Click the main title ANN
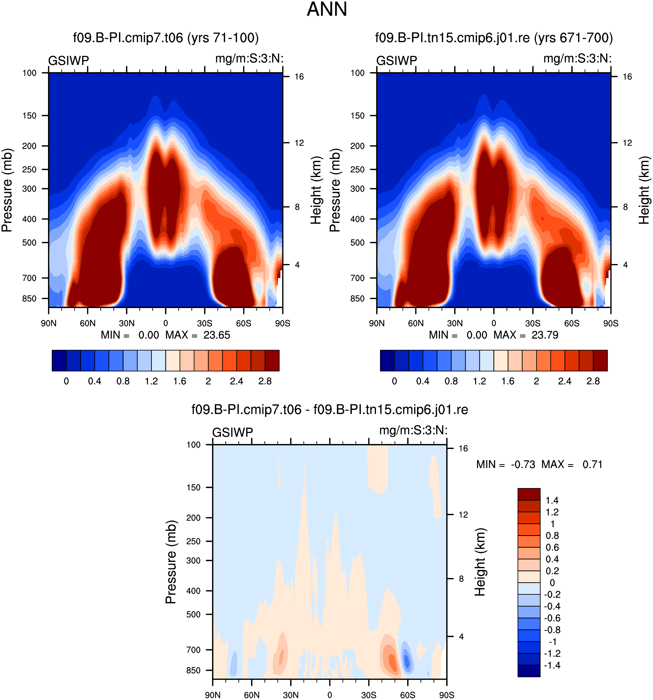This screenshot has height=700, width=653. pyautogui.click(x=327, y=10)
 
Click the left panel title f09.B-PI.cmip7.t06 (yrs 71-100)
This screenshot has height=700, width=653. pyautogui.click(x=166, y=37)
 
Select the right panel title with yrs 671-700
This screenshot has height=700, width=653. pyautogui.click(x=494, y=37)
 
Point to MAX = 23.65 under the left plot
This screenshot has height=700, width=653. pyautogui.click(x=198, y=335)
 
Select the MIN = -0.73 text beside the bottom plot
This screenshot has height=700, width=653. pyautogui.click(x=506, y=465)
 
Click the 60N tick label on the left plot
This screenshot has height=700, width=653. pyautogui.click(x=87, y=323)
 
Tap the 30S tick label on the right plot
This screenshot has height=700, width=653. pyautogui.click(x=533, y=323)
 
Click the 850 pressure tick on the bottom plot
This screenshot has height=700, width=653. pyautogui.click(x=193, y=670)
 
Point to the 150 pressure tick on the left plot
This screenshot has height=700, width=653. pyautogui.click(x=29, y=115)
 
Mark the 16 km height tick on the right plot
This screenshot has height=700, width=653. pyautogui.click(x=627, y=77)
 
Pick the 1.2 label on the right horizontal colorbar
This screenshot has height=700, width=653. pyautogui.click(x=479, y=381)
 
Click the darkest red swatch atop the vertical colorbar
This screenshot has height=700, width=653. pyautogui.click(x=529, y=494)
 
